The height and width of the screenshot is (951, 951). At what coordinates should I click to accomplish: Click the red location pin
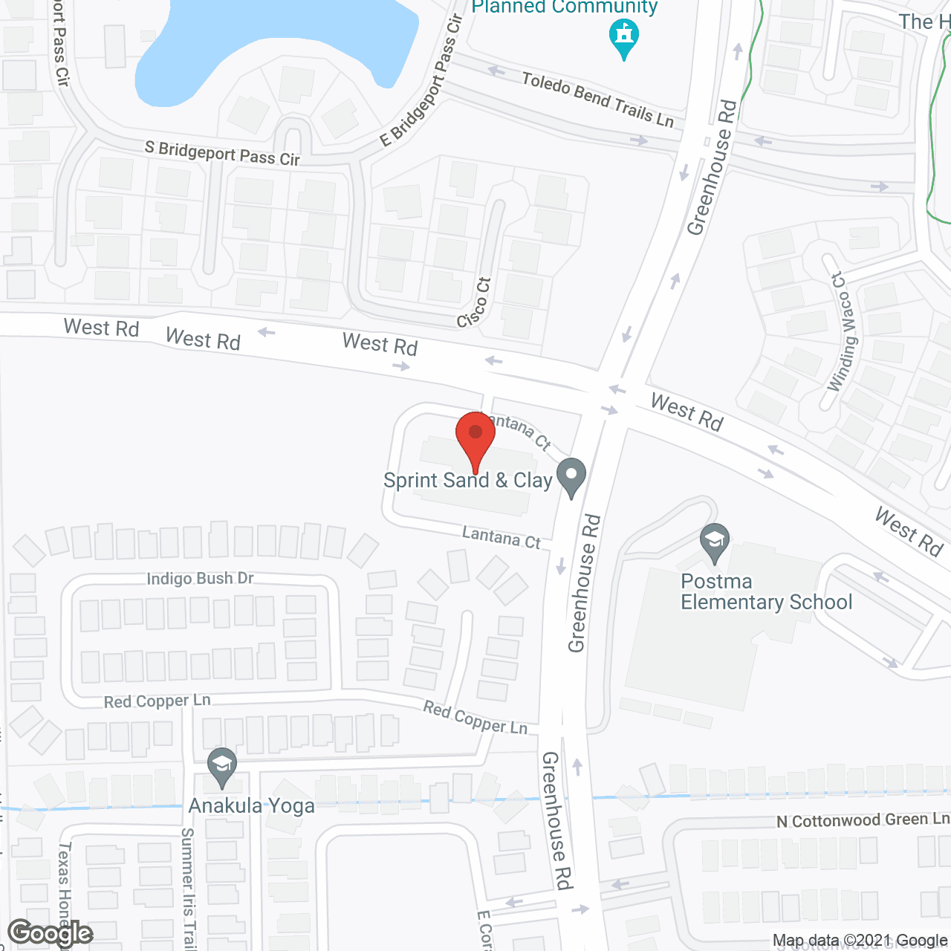[475, 438]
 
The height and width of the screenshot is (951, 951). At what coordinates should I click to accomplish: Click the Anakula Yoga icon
[221, 767]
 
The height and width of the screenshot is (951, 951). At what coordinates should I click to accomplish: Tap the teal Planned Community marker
[624, 38]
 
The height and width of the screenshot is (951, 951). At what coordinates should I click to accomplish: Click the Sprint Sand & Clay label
[468, 481]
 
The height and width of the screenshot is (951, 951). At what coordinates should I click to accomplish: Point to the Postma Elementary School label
[766, 591]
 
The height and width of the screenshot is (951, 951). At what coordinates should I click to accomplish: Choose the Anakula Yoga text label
[251, 806]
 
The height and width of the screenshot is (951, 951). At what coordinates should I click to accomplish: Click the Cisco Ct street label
[475, 302]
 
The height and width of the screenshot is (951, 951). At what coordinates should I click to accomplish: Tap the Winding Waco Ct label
[843, 332]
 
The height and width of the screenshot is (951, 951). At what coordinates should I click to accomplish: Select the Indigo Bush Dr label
[200, 579]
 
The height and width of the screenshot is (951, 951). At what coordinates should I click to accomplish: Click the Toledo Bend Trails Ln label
[597, 100]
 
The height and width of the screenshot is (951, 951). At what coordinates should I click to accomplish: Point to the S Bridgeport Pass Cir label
[222, 154]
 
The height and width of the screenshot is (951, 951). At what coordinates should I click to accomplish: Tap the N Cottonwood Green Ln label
[863, 820]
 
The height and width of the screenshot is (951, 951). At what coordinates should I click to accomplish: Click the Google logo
[50, 933]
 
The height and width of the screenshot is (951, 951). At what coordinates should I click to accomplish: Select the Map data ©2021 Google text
[860, 941]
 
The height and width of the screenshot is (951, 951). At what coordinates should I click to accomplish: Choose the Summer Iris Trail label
[189, 888]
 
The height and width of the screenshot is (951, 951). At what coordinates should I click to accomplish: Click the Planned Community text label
[565, 7]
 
